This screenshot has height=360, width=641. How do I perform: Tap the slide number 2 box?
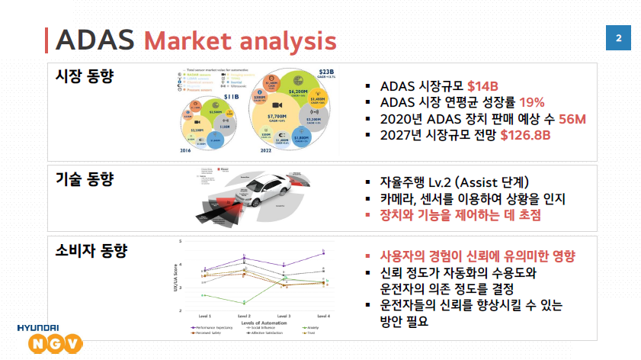(x=618, y=38)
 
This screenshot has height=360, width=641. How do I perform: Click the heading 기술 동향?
(x=85, y=179)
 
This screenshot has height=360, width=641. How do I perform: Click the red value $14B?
(x=482, y=85)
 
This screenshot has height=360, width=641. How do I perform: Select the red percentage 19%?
(x=532, y=102)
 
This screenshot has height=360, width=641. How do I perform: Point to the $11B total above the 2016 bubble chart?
(x=211, y=98)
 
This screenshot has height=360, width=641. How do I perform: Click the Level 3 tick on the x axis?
(x=284, y=315)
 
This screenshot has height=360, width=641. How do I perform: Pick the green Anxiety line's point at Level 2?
(x=244, y=303)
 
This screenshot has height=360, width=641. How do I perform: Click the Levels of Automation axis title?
(x=263, y=323)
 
